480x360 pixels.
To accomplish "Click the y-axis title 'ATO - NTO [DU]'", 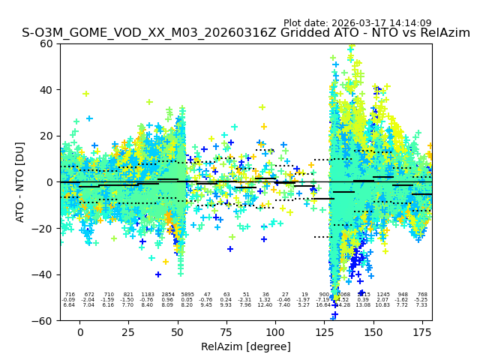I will (20, 181).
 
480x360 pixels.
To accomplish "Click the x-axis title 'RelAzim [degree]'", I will (245, 346).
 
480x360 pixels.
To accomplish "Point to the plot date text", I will (357, 23).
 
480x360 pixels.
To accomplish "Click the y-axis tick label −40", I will (43, 274).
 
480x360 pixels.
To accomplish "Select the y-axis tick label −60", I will (43, 320).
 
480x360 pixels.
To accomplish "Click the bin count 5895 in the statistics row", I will (187, 295).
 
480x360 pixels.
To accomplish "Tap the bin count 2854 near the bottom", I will (167, 295).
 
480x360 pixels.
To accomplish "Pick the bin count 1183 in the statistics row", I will (148, 295).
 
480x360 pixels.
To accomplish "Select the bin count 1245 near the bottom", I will (383, 295).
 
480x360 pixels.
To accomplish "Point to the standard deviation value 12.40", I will (265, 305).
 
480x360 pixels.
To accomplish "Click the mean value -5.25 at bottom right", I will (421, 300).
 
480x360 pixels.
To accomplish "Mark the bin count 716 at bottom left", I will (70, 295).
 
